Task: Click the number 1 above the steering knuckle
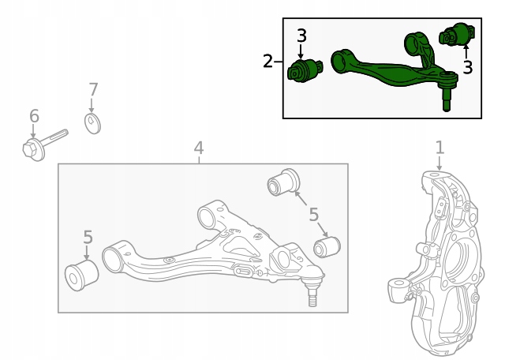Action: point(440,147)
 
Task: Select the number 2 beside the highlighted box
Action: point(268,61)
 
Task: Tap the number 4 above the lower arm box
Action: point(199,148)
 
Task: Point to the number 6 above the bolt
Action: point(34,117)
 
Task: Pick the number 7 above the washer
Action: point(93,89)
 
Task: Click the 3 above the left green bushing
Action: point(301,36)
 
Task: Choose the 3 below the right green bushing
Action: point(468,68)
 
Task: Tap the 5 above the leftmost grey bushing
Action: point(88,237)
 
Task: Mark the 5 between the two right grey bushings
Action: point(313,214)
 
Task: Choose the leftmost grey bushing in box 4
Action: point(80,273)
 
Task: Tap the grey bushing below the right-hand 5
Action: point(326,247)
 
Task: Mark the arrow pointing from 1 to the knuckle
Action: point(440,162)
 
